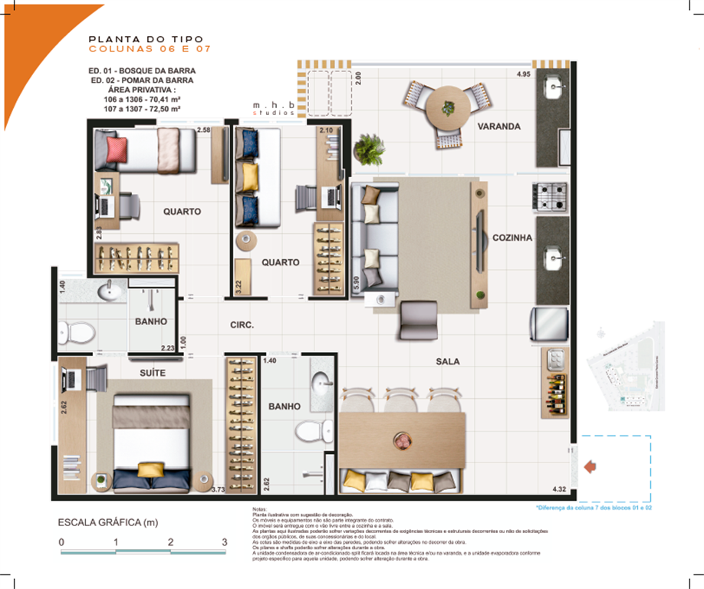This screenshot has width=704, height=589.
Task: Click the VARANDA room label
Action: coord(498,126)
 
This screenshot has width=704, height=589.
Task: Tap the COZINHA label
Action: coord(512,238)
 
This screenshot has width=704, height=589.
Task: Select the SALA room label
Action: coord(447,360)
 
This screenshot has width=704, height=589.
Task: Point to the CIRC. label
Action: coord(242,325)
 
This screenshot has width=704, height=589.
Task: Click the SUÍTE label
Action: coord(153,373)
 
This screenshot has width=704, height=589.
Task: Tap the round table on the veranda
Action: coord(445,109)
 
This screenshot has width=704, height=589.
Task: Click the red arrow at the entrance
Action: coord(591,466)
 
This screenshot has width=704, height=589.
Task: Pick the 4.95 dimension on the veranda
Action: coord(524,74)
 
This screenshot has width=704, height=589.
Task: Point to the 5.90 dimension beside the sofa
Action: coord(356,285)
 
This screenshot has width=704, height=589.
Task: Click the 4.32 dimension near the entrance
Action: coord(559,489)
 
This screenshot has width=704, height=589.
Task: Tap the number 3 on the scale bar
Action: coord(224,542)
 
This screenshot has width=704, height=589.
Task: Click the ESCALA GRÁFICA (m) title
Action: coord(107,522)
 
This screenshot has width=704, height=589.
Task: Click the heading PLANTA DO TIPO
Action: coord(146,38)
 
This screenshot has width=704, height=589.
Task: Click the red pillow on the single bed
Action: coord(118,147)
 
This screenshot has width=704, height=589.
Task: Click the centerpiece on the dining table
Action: coord(403,441)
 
